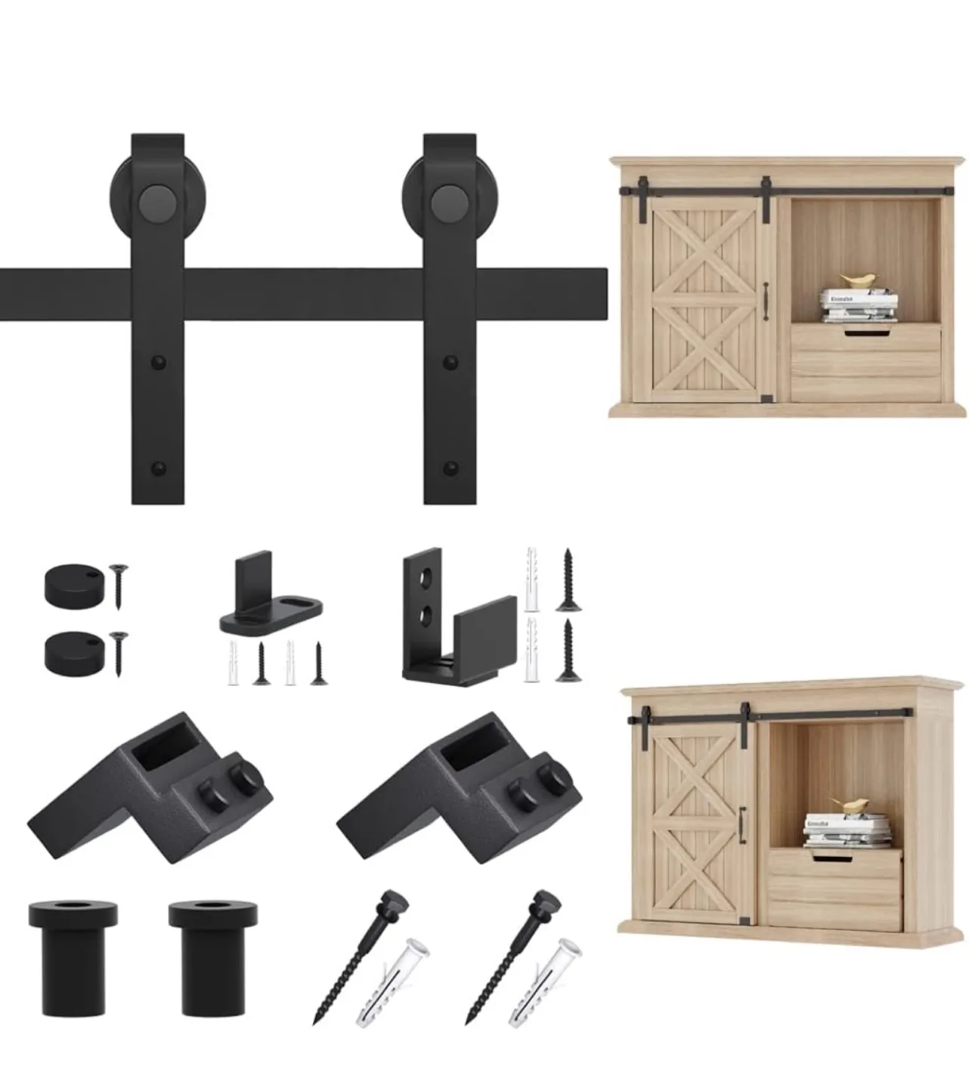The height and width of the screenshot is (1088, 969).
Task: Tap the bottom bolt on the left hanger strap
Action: click(157, 468)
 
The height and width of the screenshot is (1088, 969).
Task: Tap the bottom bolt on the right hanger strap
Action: click(451, 468)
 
